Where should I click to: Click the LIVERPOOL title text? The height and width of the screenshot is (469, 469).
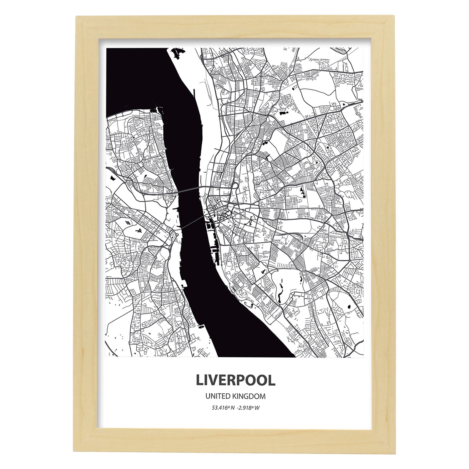click(x=235, y=380)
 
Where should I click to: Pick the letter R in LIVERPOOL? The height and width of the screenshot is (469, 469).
click(x=233, y=380)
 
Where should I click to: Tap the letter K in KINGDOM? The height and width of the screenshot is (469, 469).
click(x=235, y=396)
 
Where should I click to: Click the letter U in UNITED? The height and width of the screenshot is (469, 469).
click(x=208, y=396)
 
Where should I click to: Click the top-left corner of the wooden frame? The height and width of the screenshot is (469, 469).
click(x=76, y=17)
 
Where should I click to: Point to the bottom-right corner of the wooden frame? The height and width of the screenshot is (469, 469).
click(x=393, y=452)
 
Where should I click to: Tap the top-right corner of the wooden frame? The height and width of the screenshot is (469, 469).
click(x=393, y=17)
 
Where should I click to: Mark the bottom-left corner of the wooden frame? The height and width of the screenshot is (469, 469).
click(x=76, y=452)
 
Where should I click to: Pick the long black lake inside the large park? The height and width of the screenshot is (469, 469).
click(x=280, y=291)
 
